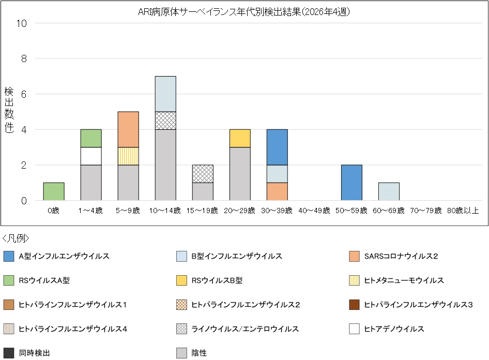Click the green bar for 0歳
(54, 191)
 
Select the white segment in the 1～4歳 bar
(91, 156)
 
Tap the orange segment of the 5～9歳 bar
(128, 129)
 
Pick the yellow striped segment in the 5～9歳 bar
(128, 156)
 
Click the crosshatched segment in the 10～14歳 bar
(165, 121)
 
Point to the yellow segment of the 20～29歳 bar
(240, 138)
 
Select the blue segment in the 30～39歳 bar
(277, 147)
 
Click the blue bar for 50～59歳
(352, 183)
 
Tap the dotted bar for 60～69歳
(389, 191)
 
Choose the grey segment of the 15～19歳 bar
(203, 191)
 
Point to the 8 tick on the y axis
(24, 59)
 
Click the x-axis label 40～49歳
(314, 211)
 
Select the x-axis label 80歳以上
(463, 211)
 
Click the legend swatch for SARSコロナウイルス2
(354, 256)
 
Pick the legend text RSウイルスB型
(217, 280)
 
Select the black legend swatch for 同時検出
(9, 353)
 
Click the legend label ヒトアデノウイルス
(394, 329)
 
